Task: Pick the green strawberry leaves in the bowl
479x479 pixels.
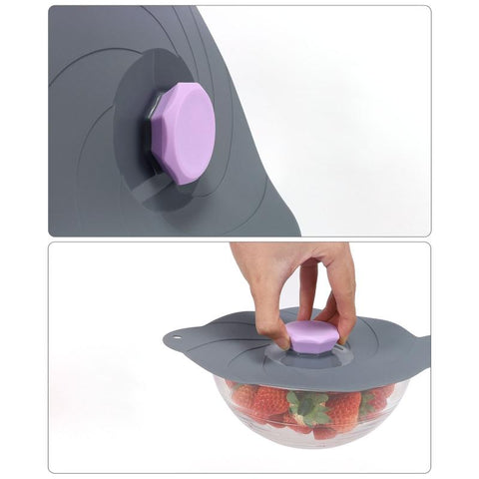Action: (309, 404)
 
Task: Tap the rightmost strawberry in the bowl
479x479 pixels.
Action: (377, 396)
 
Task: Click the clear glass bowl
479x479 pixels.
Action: (269, 424)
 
